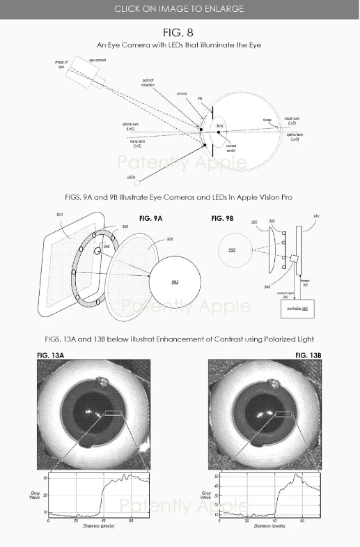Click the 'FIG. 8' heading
click(x=179, y=33)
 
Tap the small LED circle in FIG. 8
click(x=138, y=183)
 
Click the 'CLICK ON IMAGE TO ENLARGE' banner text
click(x=179, y=8)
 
